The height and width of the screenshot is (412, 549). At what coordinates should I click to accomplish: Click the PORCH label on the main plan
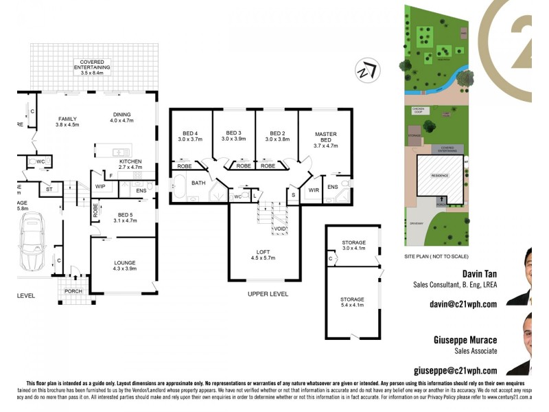[73, 290]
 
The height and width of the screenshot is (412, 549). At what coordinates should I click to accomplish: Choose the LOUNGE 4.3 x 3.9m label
[124, 266]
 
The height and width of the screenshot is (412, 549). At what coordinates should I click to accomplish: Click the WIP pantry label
[100, 187]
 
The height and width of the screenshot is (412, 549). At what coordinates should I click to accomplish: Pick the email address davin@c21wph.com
[463, 304]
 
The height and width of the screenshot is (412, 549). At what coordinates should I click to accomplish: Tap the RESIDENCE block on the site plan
[439, 176]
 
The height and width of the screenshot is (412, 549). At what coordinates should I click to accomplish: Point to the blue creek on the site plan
[439, 86]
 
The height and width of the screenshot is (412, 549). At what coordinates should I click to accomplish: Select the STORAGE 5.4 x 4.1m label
[353, 303]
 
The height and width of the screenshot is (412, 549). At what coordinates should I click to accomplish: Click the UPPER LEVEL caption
[268, 294]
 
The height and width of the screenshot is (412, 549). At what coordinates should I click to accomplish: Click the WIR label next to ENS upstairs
[314, 190]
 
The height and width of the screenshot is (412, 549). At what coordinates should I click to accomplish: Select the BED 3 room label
[234, 136]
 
